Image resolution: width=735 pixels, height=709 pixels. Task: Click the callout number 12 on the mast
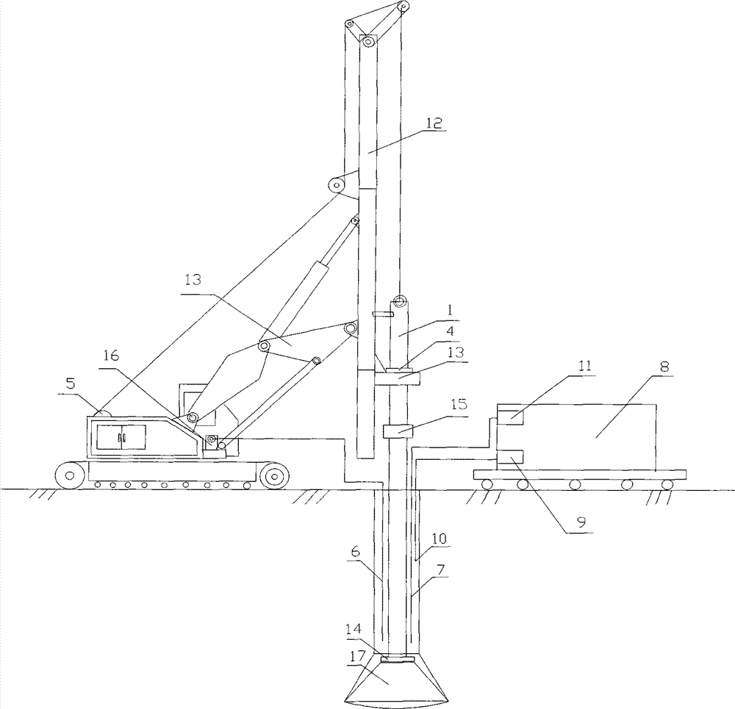click(434, 123)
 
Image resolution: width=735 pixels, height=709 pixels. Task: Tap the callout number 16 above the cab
click(111, 356)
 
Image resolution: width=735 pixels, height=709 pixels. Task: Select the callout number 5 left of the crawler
click(71, 384)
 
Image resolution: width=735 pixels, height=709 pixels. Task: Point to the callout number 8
click(664, 367)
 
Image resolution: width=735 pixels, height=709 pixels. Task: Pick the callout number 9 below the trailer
click(581, 522)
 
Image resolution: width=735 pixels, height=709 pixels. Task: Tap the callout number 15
click(459, 403)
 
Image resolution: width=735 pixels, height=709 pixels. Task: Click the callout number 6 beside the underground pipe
click(355, 552)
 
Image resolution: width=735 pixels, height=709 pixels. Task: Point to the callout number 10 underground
click(440, 539)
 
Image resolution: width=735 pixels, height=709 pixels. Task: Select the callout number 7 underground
click(441, 569)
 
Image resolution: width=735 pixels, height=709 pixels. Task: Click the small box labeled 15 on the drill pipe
click(398, 431)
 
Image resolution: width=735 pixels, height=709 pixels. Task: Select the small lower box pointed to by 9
click(510, 457)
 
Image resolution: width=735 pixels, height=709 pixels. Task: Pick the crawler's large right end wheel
click(273, 476)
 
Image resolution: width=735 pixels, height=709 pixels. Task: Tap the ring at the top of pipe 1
click(399, 300)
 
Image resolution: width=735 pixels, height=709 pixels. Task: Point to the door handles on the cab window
click(121, 437)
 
